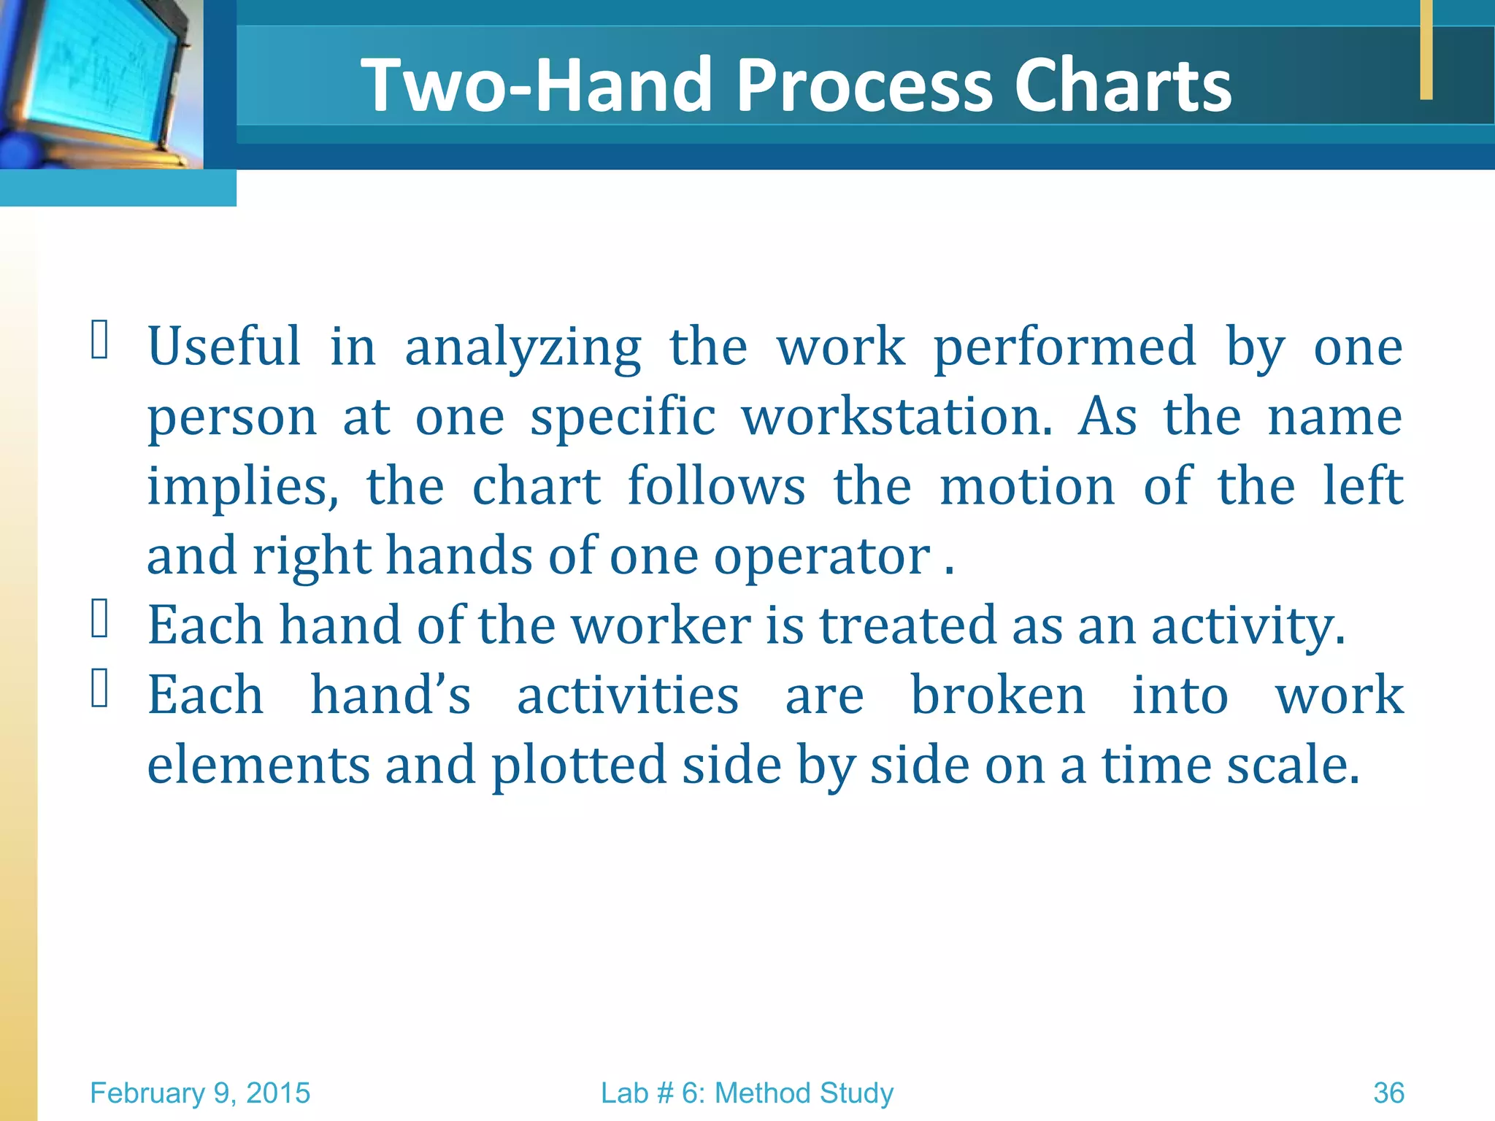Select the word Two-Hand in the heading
[537, 85]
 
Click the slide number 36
[1388, 1093]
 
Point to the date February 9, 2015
[200, 1093]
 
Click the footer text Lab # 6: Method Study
[747, 1093]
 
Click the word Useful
[224, 346]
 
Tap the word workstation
[897, 417]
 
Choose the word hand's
[391, 695]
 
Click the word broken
[998, 695]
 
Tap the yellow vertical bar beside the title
[1426, 49]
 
